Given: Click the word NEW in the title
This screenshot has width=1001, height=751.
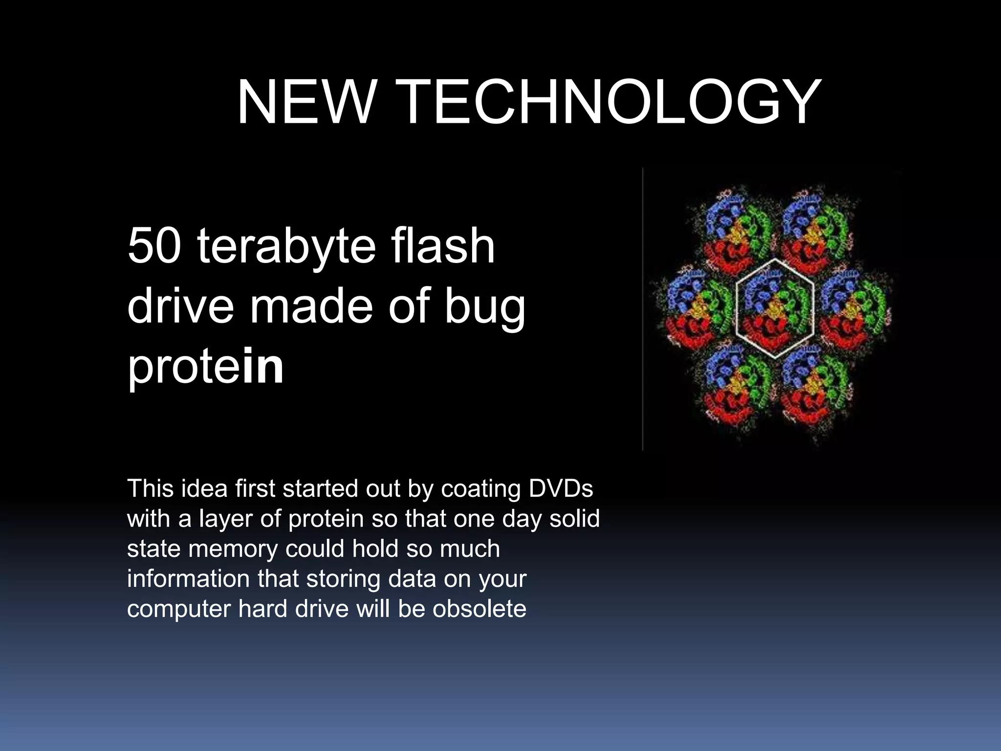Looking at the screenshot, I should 304,102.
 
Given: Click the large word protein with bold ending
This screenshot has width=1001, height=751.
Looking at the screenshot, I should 205,367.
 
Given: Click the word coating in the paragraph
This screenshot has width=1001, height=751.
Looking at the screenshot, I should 473,489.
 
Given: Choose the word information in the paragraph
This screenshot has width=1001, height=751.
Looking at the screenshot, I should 188,579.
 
